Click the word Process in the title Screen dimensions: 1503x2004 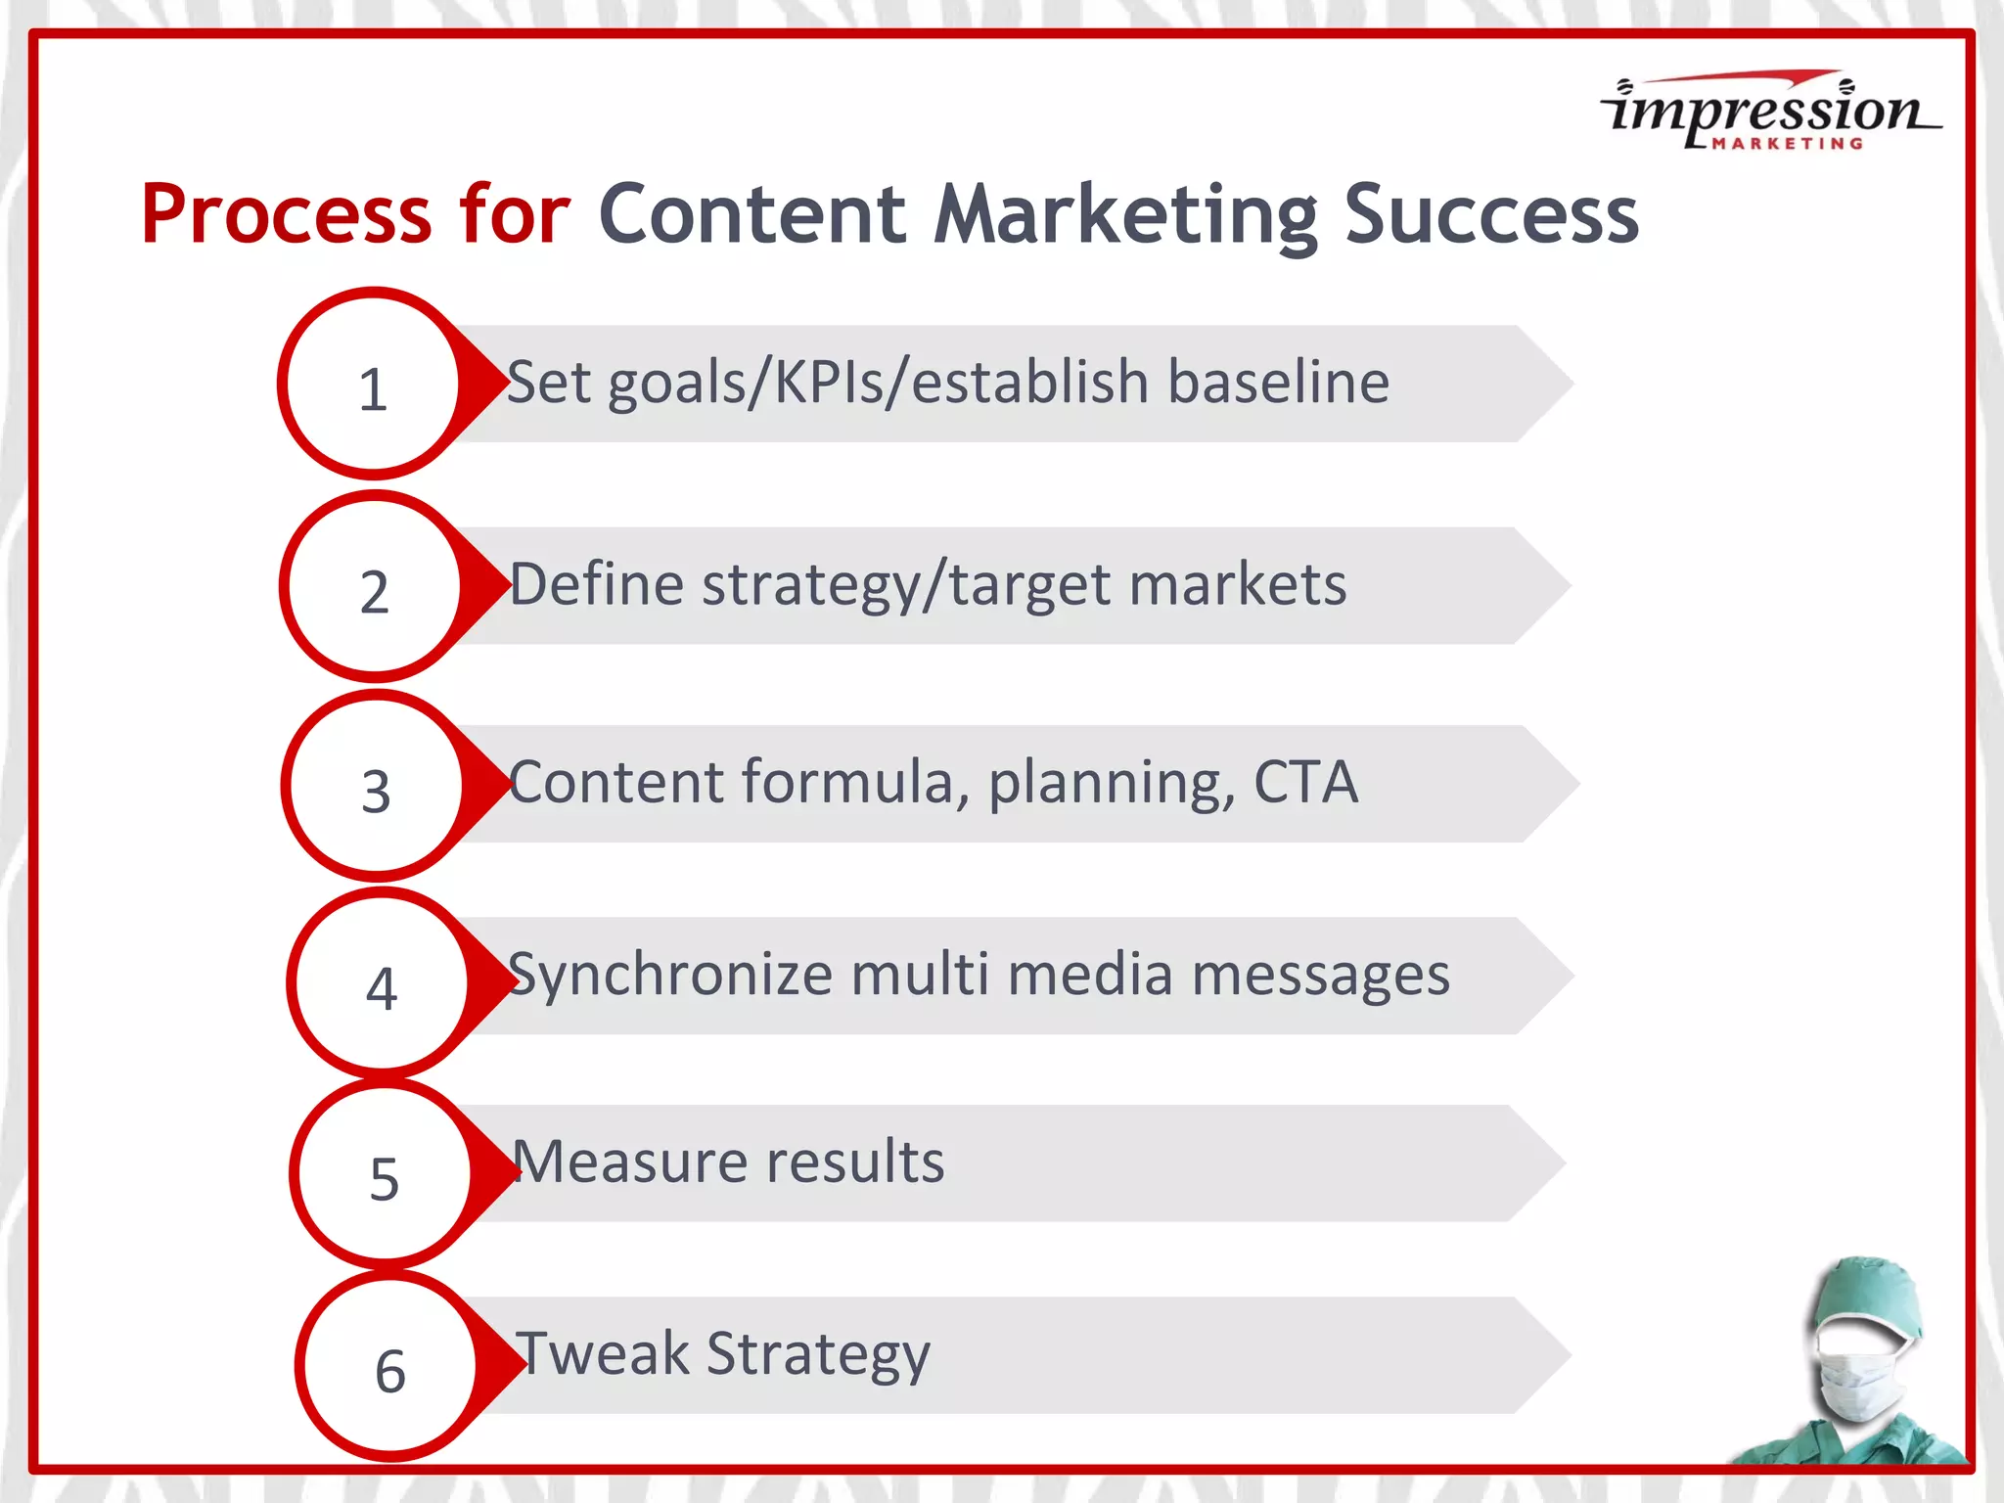[285, 214]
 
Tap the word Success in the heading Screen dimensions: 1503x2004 [1490, 214]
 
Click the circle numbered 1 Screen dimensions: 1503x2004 [373, 385]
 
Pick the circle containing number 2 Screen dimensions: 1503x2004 [375, 587]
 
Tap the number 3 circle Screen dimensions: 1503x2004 [377, 787]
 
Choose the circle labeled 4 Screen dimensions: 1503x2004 [382, 983]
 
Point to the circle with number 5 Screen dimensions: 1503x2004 [385, 1174]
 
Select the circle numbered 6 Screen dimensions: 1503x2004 [389, 1367]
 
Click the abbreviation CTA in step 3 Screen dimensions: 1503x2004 [1305, 783]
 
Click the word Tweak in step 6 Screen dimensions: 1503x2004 [602, 1354]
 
